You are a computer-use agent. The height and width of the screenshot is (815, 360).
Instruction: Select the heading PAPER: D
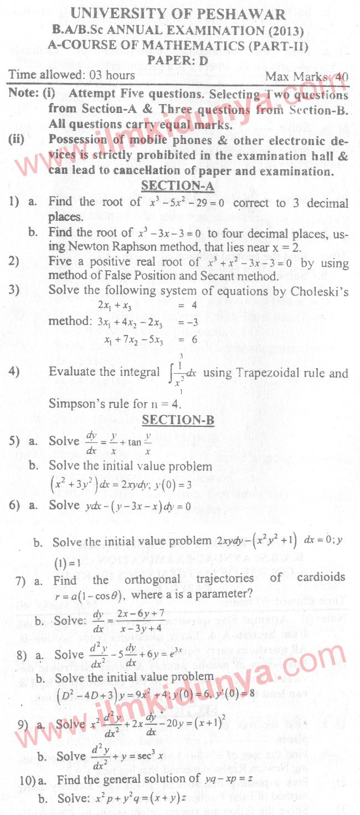[177, 61]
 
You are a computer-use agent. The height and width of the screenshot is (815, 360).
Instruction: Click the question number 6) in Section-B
[14, 505]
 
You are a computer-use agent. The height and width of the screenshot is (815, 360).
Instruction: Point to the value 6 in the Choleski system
[194, 340]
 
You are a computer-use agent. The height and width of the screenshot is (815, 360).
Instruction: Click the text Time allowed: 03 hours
[71, 75]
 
